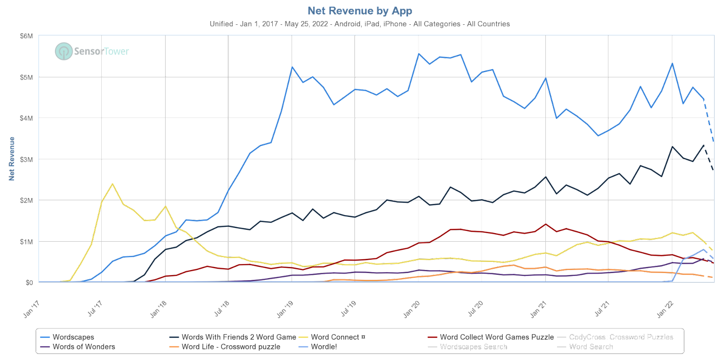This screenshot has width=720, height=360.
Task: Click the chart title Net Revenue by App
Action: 360,10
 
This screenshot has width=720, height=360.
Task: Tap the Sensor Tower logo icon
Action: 63,51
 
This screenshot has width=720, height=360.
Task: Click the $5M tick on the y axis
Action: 27,77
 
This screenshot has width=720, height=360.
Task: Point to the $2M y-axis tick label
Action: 27,200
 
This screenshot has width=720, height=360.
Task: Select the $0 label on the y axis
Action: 29,283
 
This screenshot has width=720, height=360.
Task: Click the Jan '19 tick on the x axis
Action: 284,310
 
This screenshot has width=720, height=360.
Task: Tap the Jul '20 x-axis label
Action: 475,310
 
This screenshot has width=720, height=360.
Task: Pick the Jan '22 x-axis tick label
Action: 665,310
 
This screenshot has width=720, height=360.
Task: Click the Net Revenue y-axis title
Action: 12,159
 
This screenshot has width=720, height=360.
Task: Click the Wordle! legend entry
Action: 324,346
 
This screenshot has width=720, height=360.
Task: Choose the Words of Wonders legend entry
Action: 84,346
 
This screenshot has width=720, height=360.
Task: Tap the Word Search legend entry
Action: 590,346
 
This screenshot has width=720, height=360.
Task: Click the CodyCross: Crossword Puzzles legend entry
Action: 621,337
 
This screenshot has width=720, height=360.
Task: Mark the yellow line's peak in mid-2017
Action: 112,184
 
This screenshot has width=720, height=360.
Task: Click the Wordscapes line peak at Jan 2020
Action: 419,54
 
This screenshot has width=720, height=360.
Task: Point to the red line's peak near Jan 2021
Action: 545,224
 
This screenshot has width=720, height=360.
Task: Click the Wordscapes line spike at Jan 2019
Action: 292,67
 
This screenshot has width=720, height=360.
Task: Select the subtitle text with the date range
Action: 360,24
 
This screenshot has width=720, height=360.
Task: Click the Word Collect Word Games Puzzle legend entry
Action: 496,337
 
